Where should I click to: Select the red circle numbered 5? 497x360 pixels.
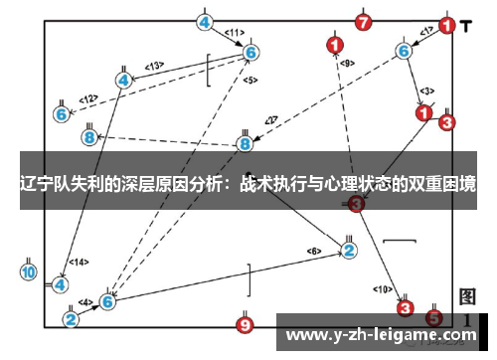click(434, 318)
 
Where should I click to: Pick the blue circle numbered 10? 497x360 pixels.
click(28, 270)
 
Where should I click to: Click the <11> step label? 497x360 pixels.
click(235, 33)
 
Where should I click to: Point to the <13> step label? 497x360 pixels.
click(153, 66)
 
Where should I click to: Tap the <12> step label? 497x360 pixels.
click(88, 98)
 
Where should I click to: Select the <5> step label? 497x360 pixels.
click(249, 80)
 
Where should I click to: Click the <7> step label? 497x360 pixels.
click(270, 121)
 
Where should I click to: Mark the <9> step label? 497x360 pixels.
click(347, 64)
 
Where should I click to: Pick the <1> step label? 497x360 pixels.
click(426, 32)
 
